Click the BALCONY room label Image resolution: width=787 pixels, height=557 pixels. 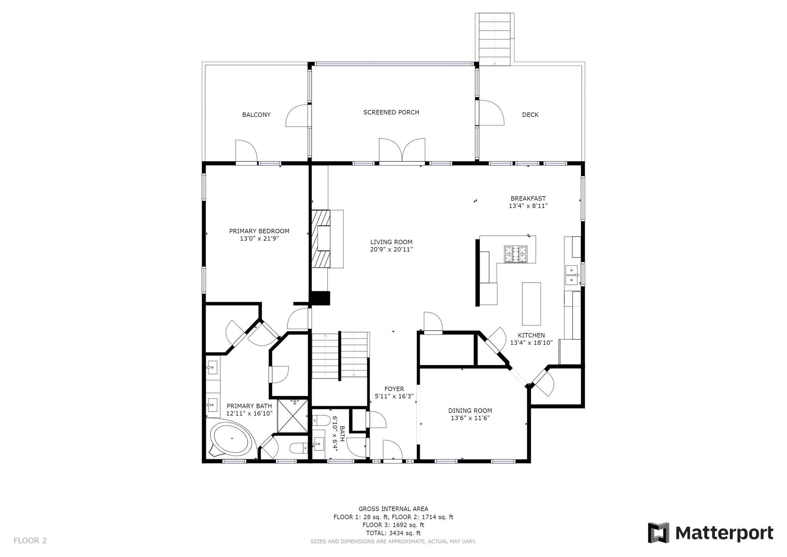point(256,115)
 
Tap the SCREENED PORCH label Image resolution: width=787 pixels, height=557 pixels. point(391,112)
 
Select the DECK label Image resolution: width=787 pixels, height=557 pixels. point(530,115)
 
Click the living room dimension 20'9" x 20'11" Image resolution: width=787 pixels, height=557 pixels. point(391,250)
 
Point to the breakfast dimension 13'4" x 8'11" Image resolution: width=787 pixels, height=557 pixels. point(528,206)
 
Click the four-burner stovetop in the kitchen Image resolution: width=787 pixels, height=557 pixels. point(516,254)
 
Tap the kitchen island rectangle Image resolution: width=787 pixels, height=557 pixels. point(531,304)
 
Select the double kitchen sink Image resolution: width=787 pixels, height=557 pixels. point(571,275)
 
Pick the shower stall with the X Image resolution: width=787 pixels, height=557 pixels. point(292,416)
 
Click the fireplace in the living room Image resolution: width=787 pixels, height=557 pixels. point(320,238)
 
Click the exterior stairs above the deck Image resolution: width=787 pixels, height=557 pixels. point(494,38)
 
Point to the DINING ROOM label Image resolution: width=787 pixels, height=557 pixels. point(470,411)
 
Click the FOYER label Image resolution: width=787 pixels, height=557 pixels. point(394,389)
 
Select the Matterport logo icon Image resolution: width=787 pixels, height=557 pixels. point(658,533)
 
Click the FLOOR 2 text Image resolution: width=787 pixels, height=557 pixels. point(30,541)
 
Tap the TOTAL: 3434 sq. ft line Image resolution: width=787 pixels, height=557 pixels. point(393,533)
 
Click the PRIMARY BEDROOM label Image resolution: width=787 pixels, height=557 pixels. point(259,231)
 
